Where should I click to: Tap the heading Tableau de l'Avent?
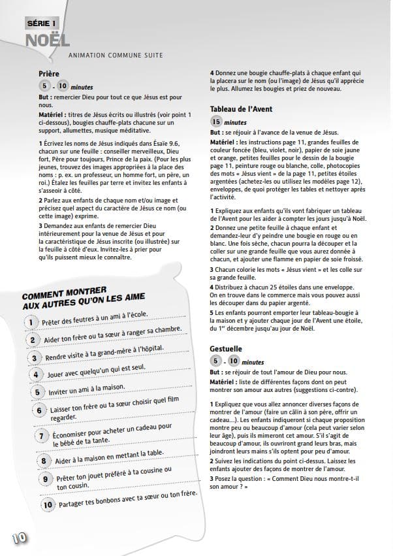click(241, 109)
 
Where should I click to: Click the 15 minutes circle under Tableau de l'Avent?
click(216, 122)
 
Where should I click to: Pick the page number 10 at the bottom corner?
click(18, 538)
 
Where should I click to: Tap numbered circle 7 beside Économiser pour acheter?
click(40, 436)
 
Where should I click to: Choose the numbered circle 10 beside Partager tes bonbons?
click(48, 504)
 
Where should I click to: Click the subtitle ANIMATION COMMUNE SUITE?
click(116, 56)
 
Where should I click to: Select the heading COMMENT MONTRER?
click(63, 292)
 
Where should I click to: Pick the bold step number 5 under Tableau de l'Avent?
click(212, 312)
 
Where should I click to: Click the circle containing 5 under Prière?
click(44, 86)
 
